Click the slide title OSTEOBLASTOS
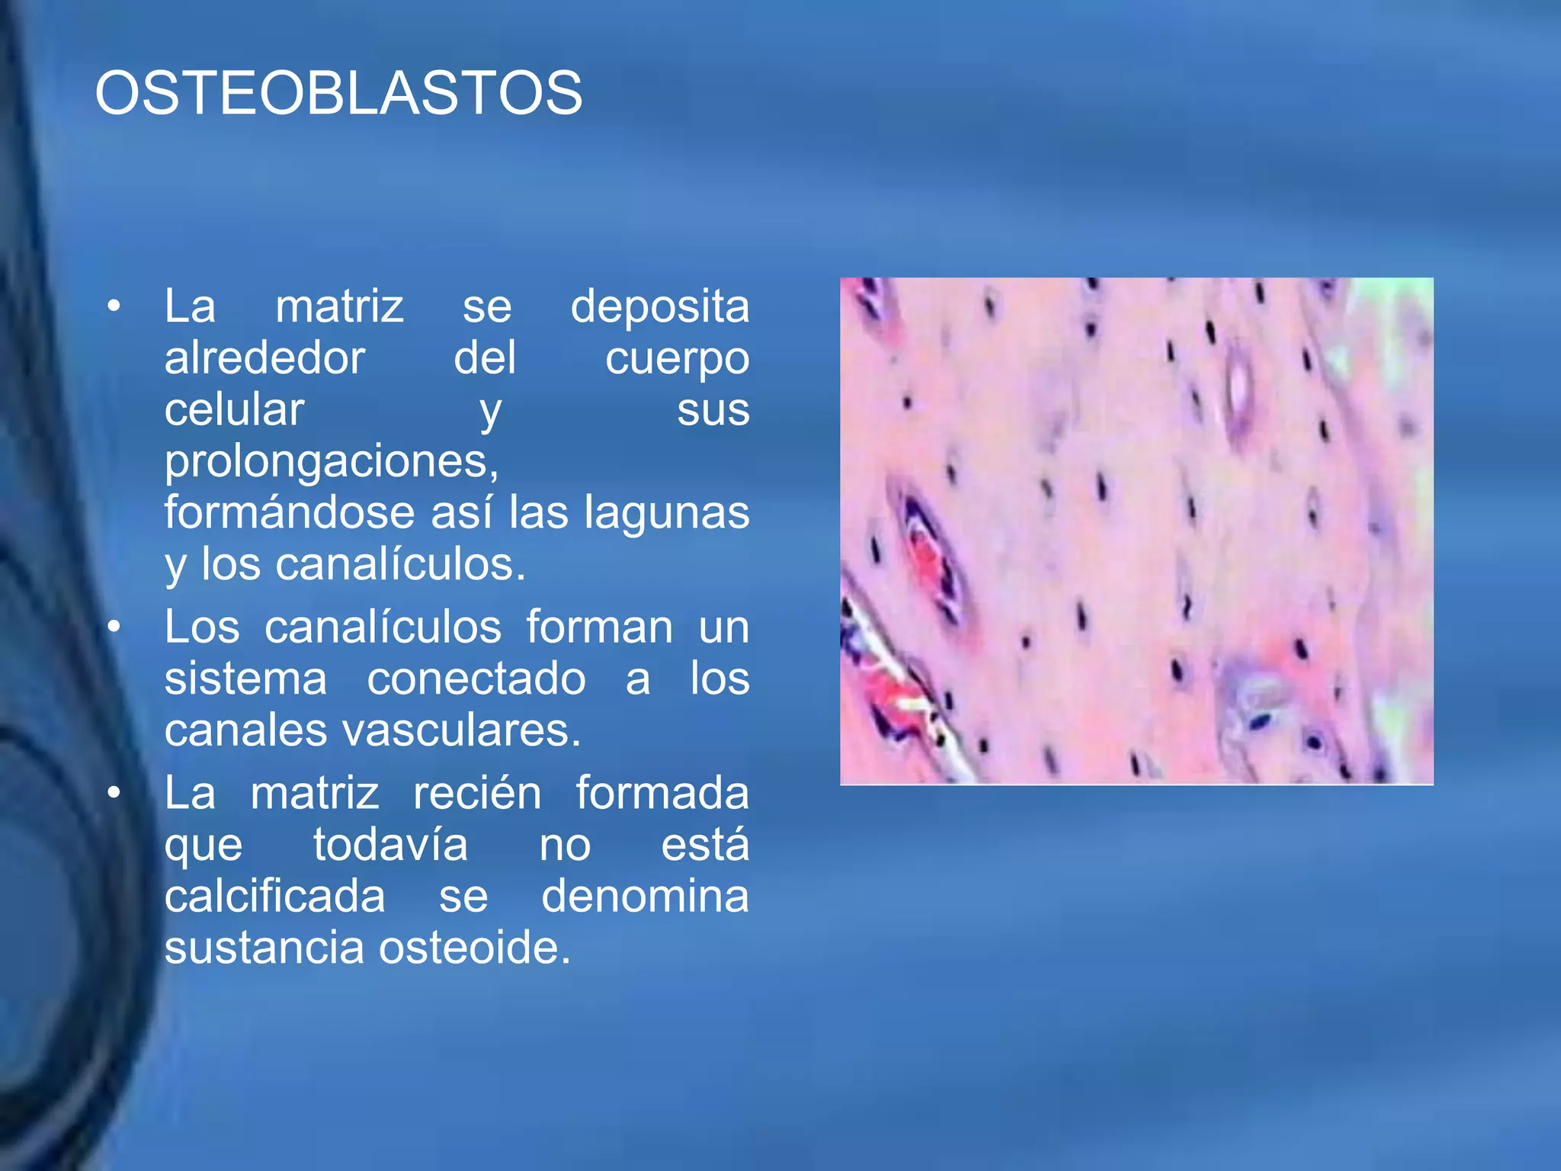click(x=338, y=93)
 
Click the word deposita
click(x=660, y=306)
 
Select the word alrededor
click(x=264, y=358)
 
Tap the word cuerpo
click(x=677, y=359)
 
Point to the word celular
click(x=234, y=409)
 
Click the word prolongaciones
click(x=331, y=461)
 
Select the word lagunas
click(x=667, y=513)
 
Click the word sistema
click(x=245, y=679)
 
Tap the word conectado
click(x=476, y=679)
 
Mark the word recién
click(x=477, y=793)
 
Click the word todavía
click(x=390, y=845)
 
